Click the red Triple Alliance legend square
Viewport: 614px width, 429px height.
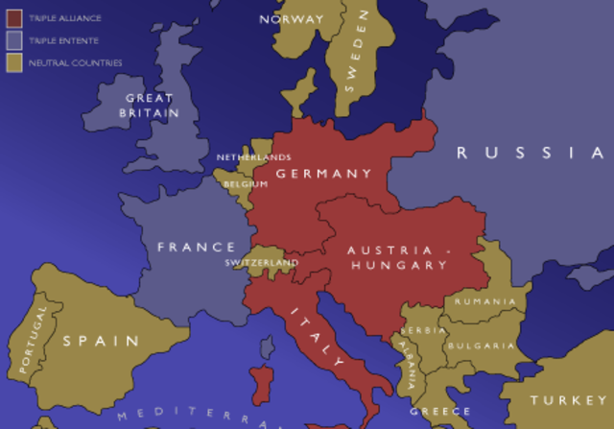click(14, 18)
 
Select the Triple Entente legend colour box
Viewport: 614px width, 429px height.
click(14, 40)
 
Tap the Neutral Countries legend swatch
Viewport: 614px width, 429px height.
click(14, 62)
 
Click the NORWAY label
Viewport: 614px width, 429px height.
click(291, 18)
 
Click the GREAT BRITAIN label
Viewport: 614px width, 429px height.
click(151, 106)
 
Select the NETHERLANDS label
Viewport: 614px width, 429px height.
click(253, 156)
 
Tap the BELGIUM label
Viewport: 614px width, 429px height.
click(246, 183)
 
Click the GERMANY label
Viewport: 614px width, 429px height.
click(323, 174)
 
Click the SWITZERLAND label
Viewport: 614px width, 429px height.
click(261, 262)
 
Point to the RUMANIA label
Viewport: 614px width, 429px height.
click(485, 301)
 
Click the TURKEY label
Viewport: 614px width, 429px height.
click(563, 398)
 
